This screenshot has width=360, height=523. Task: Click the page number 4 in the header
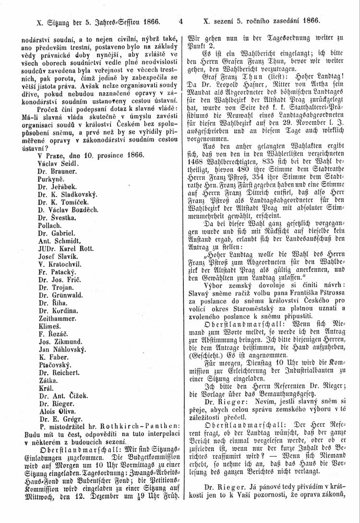point(181,21)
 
